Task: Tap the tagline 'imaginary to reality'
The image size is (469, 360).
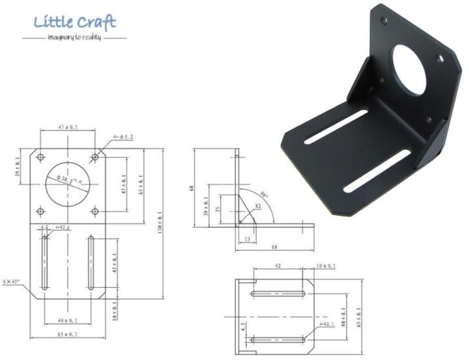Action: click(74, 38)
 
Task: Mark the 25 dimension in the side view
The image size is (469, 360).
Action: click(218, 211)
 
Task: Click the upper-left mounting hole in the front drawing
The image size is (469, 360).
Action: click(41, 158)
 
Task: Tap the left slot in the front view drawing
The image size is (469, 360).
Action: click(44, 264)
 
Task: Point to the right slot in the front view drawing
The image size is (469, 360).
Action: click(91, 264)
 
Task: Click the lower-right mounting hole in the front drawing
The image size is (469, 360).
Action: click(95, 212)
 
